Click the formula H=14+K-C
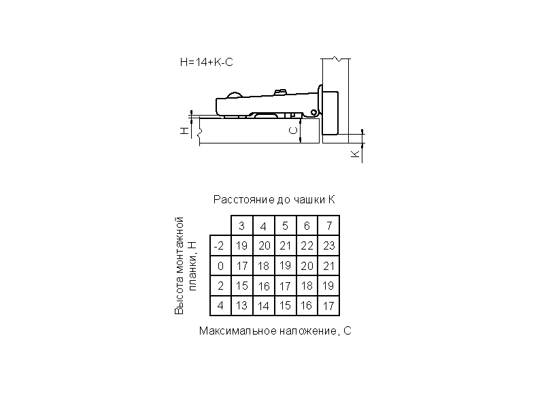(x=207, y=62)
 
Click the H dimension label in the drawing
(x=184, y=130)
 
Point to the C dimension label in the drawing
(x=293, y=131)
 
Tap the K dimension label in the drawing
(x=355, y=154)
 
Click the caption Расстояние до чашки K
(x=274, y=199)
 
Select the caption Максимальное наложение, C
(x=275, y=330)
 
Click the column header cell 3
(x=242, y=226)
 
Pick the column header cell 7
(x=328, y=226)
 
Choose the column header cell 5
(x=285, y=226)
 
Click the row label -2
(x=220, y=246)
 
